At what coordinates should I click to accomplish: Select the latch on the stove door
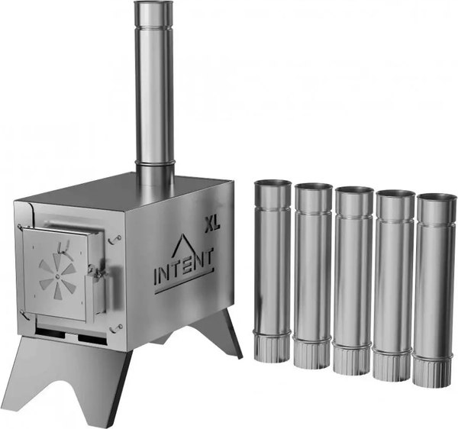[97, 270]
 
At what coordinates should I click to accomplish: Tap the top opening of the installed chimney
[153, 4]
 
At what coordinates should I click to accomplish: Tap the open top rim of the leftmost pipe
[273, 184]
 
